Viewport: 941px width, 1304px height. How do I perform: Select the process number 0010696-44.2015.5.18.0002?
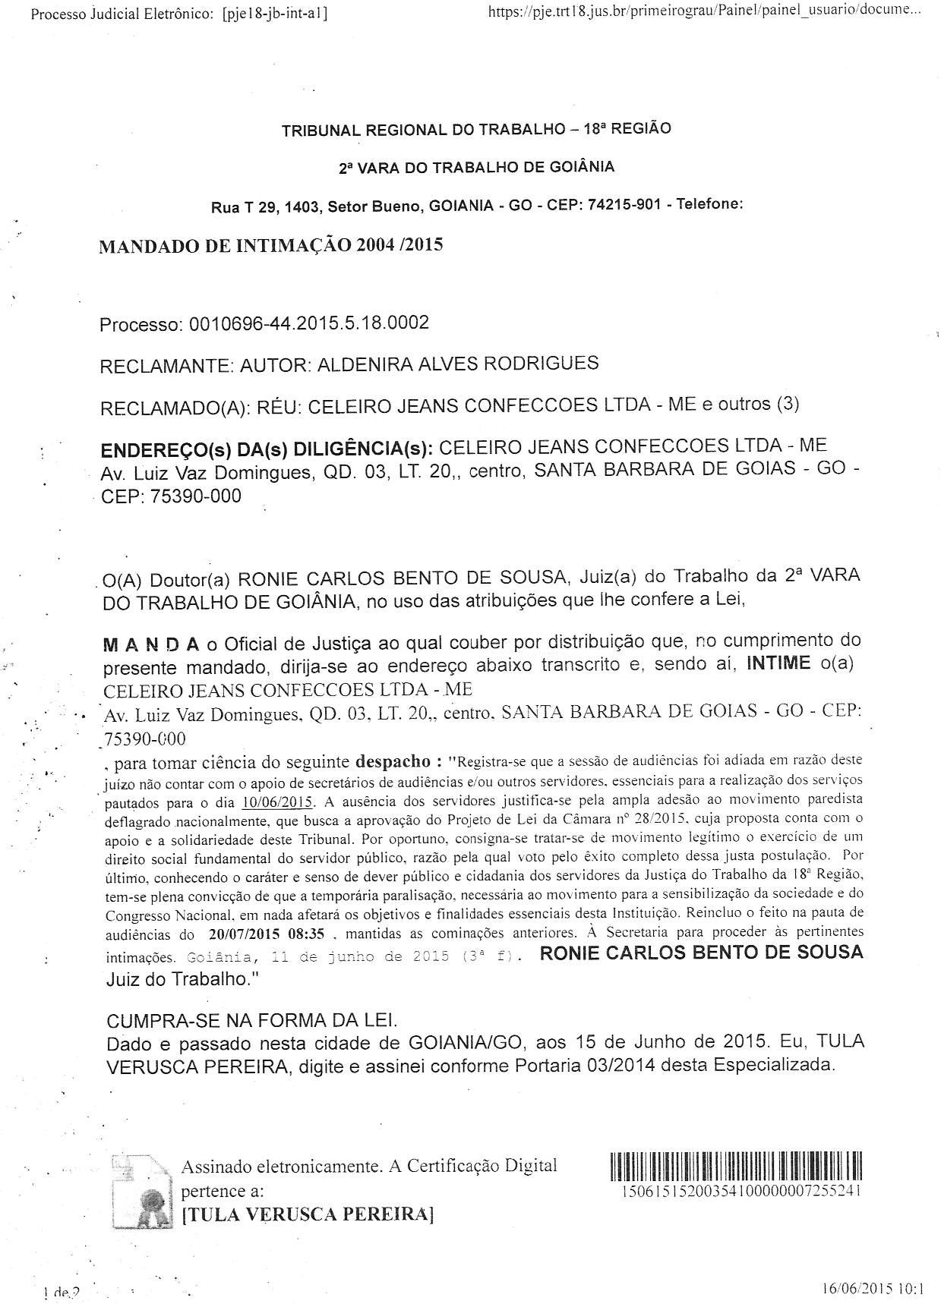[x=308, y=323]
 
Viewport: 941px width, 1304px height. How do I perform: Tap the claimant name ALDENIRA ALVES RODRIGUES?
[x=457, y=364]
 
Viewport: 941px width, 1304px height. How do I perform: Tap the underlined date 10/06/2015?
[x=278, y=802]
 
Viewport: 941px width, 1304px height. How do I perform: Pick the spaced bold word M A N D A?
[x=150, y=644]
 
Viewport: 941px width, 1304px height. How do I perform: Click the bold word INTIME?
[x=778, y=663]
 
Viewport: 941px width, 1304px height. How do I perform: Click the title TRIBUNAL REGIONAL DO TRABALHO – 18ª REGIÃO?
[x=476, y=129]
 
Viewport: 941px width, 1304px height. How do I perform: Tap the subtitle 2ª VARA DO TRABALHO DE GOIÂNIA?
[x=476, y=167]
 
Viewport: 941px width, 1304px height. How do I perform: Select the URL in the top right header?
[x=705, y=12]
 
